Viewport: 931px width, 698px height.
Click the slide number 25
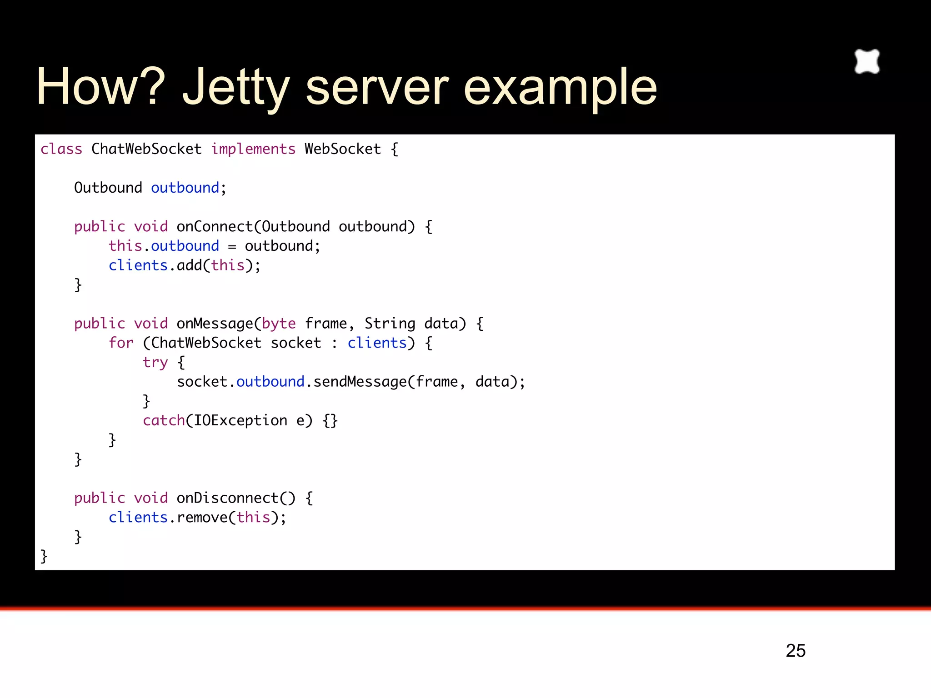(x=796, y=651)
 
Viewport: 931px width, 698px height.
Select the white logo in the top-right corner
(x=867, y=61)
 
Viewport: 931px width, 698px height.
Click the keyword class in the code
(x=61, y=149)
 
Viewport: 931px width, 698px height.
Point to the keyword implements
(x=253, y=149)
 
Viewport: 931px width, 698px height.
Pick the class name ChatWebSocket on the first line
(x=146, y=149)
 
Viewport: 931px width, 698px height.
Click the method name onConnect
(x=215, y=226)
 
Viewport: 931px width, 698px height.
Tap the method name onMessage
(x=215, y=324)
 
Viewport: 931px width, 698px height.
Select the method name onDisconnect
(x=227, y=498)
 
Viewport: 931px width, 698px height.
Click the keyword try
(x=155, y=363)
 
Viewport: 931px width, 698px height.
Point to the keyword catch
(x=164, y=421)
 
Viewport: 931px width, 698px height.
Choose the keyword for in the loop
(x=121, y=343)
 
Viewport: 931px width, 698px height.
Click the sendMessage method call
(x=360, y=382)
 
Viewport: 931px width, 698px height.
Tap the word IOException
(x=240, y=421)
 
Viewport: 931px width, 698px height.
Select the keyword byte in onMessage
(x=279, y=324)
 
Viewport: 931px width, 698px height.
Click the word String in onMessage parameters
(x=390, y=324)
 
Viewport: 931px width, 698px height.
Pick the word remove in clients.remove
(x=202, y=518)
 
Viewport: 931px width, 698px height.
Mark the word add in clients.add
(x=189, y=265)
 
